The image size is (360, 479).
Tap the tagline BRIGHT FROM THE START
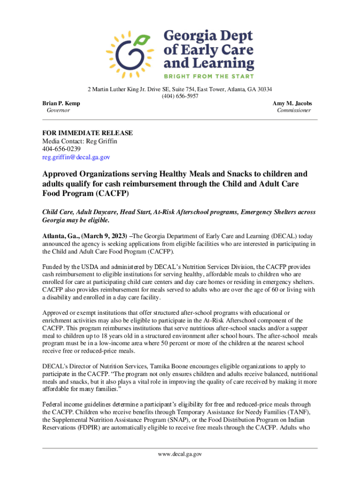point(209,76)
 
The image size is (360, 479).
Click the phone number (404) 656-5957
point(180,96)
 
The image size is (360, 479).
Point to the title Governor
point(58,110)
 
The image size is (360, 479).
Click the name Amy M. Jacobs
point(292,103)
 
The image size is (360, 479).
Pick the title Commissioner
point(294,110)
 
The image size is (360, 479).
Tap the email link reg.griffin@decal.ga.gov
point(76,157)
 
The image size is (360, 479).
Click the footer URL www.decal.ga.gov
point(180,454)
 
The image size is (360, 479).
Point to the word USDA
point(85,267)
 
